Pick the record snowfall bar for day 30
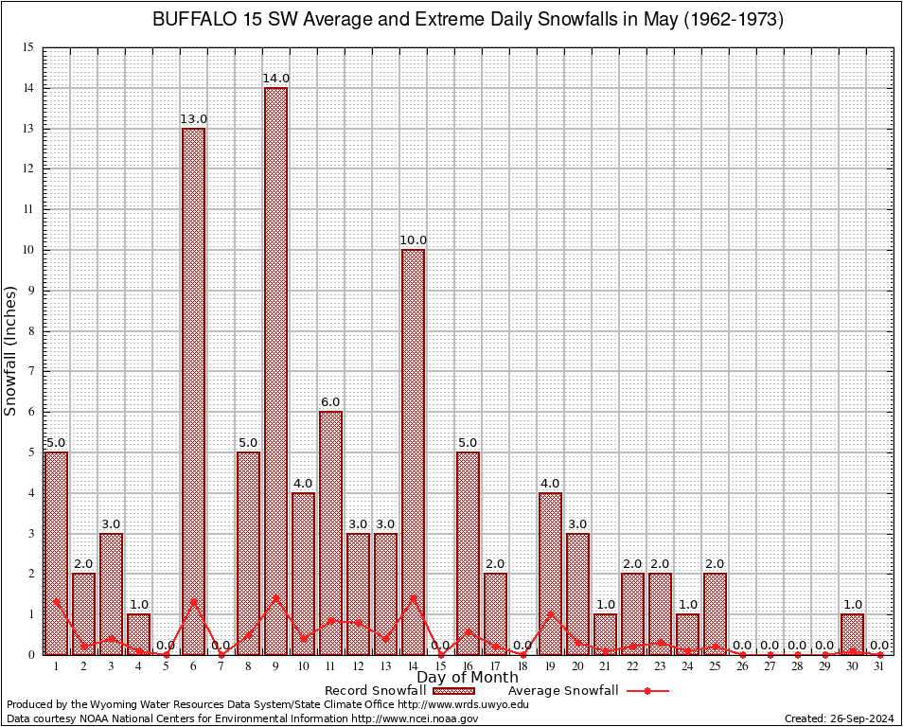click(x=852, y=634)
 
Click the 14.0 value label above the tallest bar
click(x=275, y=79)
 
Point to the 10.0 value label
click(x=413, y=240)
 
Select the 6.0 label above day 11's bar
click(x=330, y=402)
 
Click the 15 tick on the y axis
click(x=27, y=48)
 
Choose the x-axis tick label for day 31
click(x=879, y=666)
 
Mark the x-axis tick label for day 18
click(x=522, y=666)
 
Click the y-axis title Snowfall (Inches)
click(x=11, y=351)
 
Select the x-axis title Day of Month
click(x=467, y=678)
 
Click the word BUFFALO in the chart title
click(x=190, y=20)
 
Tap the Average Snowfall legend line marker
click(x=646, y=691)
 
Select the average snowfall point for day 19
click(x=550, y=613)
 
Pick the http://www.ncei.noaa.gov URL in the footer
click(x=415, y=718)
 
